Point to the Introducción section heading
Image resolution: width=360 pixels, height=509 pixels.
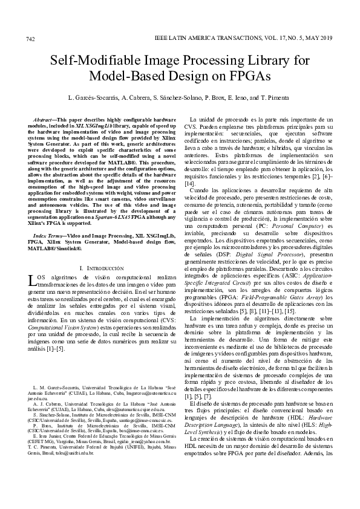click(109, 267)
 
